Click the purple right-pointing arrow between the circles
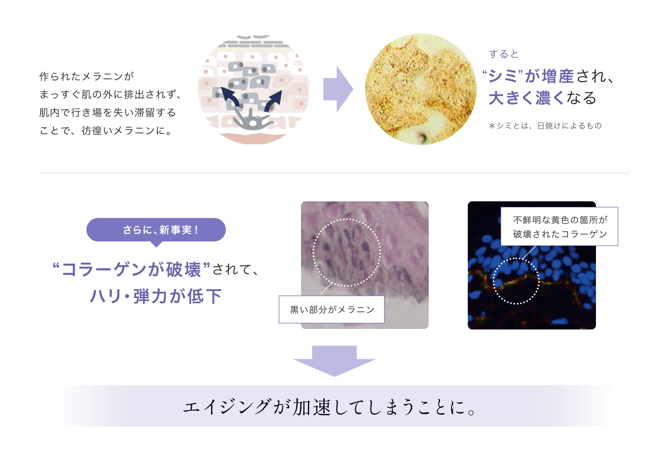click(338, 89)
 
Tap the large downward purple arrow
click(334, 361)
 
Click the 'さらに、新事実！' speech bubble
click(156, 230)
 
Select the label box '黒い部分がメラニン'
click(331, 309)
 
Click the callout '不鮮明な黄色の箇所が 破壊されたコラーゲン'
click(559, 227)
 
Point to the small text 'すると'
click(503, 54)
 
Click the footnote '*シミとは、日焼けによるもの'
click(545, 126)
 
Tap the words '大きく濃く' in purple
click(526, 98)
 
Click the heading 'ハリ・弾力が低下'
click(156, 296)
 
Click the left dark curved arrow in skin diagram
click(231, 97)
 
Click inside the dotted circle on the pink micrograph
click(346, 253)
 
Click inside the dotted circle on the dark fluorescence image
click(516, 281)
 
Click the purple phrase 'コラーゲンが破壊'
click(131, 270)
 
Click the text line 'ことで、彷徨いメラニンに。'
click(106, 130)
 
